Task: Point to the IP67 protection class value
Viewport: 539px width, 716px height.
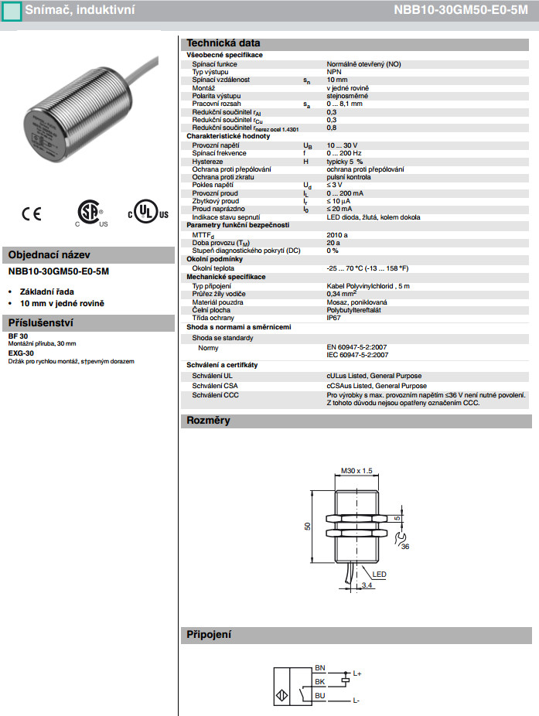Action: point(334,317)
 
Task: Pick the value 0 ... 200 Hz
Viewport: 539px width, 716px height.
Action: point(343,153)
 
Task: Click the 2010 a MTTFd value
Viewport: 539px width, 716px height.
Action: point(337,234)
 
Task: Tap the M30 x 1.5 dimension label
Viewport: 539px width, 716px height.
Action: point(356,470)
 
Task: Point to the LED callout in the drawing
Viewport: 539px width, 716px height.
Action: point(380,575)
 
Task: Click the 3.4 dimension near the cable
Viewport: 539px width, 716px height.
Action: point(367,586)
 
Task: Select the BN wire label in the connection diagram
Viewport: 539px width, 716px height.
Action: point(320,667)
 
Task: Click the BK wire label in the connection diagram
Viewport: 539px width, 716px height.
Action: point(320,682)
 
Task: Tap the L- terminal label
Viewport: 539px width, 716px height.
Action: point(356,701)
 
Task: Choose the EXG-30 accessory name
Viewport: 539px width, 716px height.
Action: point(21,353)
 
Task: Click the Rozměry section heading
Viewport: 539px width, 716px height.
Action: point(208,421)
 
